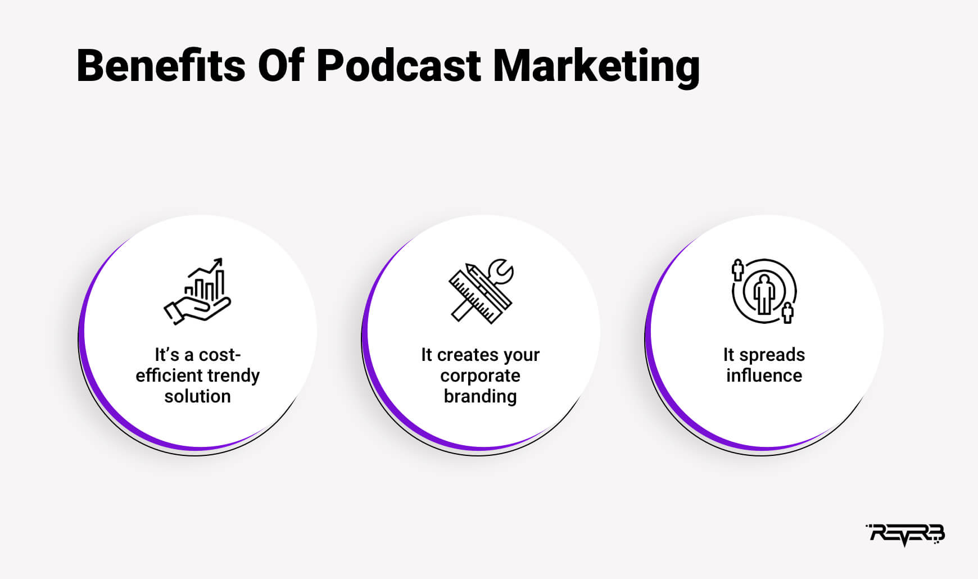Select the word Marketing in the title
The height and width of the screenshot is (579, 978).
(596, 67)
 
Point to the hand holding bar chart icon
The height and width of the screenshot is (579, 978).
(198, 291)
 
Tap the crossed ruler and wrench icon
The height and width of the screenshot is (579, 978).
(481, 291)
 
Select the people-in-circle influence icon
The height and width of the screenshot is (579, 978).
(764, 291)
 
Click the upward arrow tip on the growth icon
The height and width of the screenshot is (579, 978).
(220, 260)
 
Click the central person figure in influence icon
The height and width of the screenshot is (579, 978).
(764, 293)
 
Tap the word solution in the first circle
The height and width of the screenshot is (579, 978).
(197, 396)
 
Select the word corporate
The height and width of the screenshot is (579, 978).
(481, 376)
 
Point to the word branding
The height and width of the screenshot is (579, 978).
(481, 397)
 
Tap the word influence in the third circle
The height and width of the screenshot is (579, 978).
(764, 376)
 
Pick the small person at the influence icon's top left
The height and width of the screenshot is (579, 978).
(737, 269)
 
